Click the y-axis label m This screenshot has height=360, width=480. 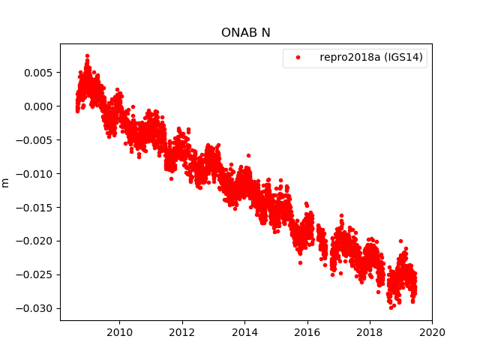[x=6, y=182]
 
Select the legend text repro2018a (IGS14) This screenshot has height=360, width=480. [x=373, y=58]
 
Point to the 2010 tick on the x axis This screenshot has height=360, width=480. [x=119, y=331]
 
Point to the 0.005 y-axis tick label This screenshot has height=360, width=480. [x=39, y=73]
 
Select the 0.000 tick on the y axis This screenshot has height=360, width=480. [x=39, y=106]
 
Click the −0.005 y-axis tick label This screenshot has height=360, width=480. [x=36, y=140]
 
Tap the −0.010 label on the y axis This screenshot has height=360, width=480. [x=36, y=174]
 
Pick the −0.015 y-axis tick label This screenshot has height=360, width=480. [x=36, y=208]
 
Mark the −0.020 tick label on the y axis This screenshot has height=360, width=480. [x=36, y=241]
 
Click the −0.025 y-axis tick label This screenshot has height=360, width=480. [x=36, y=275]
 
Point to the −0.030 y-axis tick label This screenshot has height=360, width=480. [x=36, y=309]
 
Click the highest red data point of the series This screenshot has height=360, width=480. [x=87, y=55]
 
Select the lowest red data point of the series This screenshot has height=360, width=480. [x=391, y=307]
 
